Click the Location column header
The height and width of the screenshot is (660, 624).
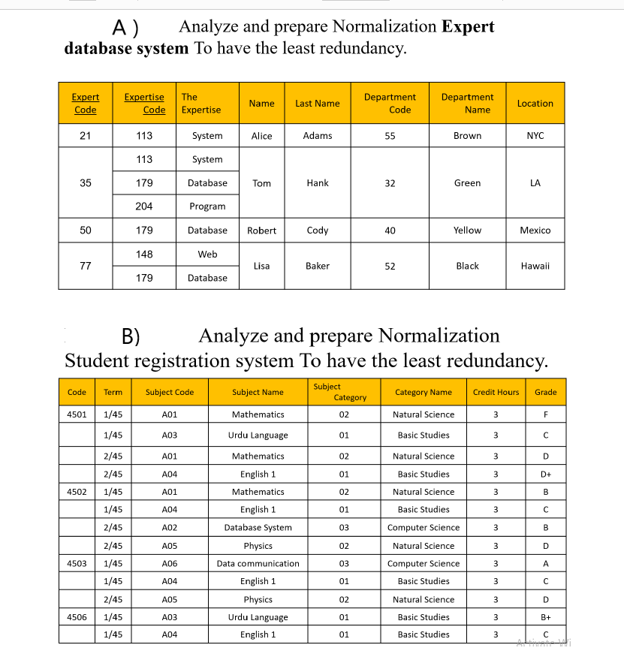tap(535, 104)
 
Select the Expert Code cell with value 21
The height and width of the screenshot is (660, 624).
tap(85, 136)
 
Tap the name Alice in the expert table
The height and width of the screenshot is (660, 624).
tap(261, 136)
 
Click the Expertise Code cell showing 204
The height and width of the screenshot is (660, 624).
tap(144, 206)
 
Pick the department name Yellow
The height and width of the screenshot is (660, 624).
tap(467, 231)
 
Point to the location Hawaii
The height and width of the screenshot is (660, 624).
tap(535, 266)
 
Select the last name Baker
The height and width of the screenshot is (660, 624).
tap(318, 266)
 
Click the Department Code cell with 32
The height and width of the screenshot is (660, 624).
tap(390, 183)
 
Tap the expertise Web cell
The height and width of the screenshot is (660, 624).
tap(207, 255)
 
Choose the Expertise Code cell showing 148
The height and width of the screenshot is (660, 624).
tap(144, 255)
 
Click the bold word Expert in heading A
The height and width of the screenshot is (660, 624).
tap(468, 27)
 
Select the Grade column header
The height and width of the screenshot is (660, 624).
tap(545, 392)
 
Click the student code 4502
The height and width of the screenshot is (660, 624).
tap(77, 492)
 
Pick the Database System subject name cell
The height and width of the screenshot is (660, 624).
tap(258, 528)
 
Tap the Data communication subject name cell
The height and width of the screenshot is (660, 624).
tap(258, 564)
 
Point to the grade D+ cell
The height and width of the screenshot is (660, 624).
tap(545, 475)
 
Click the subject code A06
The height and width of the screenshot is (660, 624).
tap(170, 564)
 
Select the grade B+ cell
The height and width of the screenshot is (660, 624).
tap(545, 617)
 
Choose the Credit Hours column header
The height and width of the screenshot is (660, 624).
tap(496, 392)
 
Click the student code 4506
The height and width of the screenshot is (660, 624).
tap(77, 617)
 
